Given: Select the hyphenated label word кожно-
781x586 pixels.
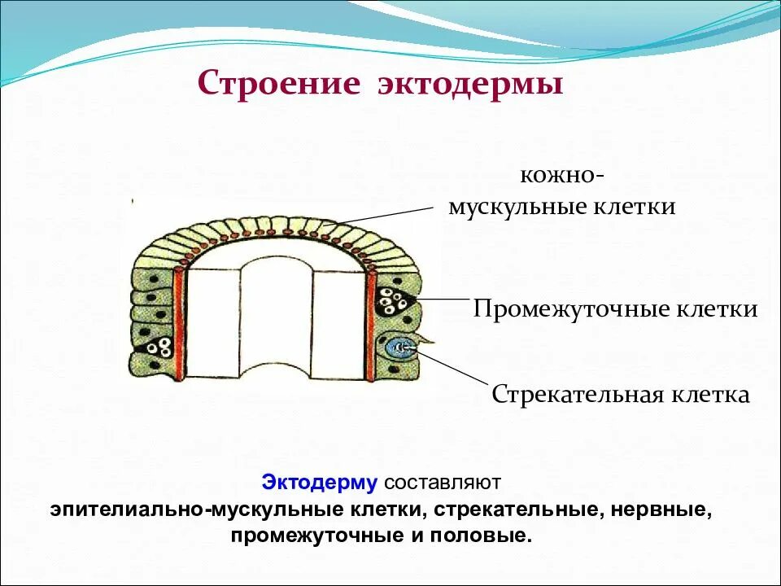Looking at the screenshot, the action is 561,177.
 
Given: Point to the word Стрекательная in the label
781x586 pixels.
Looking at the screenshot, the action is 578,396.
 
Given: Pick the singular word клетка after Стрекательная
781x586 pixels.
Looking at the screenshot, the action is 709,396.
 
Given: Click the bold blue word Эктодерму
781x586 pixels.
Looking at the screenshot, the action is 320,483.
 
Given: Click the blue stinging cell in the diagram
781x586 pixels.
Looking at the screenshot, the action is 399,349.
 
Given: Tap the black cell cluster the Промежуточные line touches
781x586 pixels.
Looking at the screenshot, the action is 395,305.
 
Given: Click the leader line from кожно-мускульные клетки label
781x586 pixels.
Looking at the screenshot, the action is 382,215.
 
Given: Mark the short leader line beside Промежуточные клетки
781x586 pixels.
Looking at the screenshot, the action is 443,300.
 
